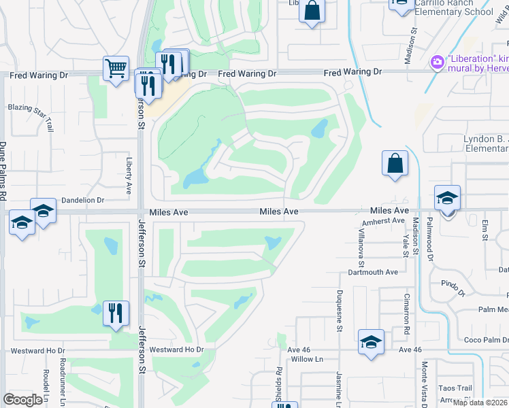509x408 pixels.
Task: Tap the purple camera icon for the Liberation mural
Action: click(x=437, y=63)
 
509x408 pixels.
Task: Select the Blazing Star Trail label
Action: click(x=30, y=108)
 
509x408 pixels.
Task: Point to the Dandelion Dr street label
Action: click(x=82, y=201)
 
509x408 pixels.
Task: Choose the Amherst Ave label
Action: click(x=384, y=221)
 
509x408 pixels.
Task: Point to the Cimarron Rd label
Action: click(x=406, y=319)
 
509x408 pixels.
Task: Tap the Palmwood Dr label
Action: click(x=430, y=238)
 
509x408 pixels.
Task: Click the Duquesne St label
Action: click(x=339, y=310)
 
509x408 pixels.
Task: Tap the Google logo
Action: click(x=22, y=400)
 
